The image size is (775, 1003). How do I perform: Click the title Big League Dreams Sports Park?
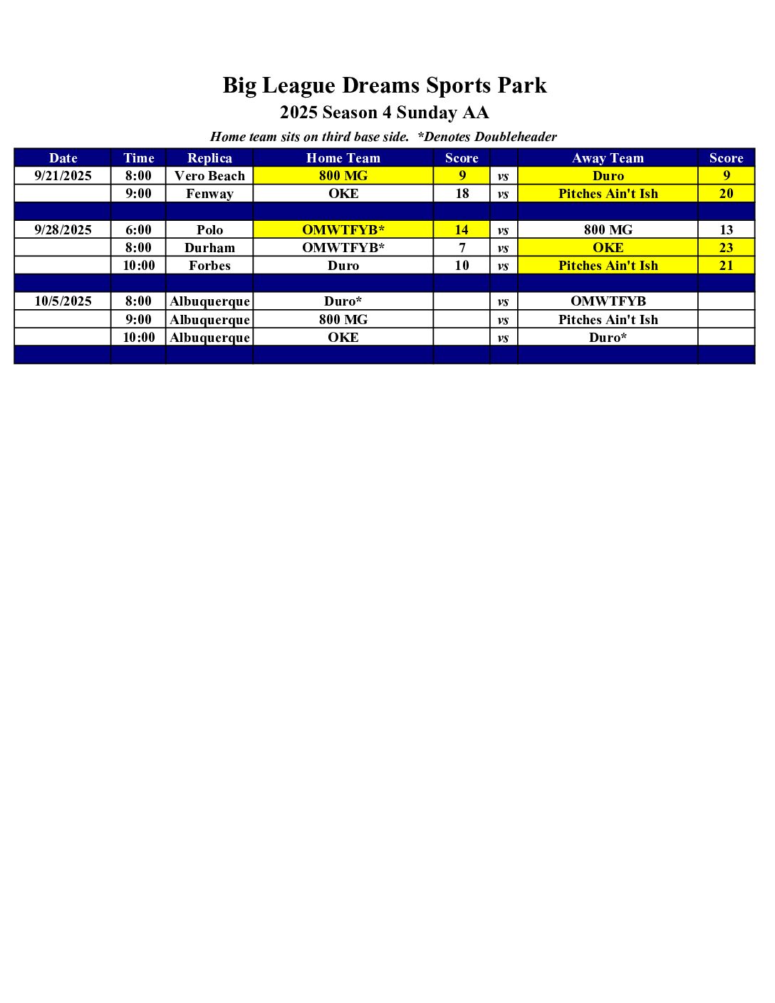point(385,85)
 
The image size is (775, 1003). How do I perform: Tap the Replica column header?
point(209,158)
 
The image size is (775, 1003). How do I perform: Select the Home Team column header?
point(343,158)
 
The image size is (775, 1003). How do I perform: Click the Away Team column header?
point(608,158)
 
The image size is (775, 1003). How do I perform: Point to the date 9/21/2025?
point(63,176)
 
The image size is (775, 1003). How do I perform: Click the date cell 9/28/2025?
point(63,229)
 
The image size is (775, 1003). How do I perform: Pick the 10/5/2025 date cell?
point(63,301)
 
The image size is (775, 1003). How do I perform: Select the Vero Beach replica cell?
point(209,176)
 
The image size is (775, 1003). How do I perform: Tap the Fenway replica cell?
point(209,194)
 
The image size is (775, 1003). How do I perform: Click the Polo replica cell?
point(209,229)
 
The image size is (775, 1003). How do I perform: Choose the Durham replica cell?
point(209,248)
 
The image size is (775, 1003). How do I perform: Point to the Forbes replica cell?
point(209,266)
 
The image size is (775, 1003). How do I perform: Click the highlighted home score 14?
point(462,229)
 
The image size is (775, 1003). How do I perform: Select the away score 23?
point(726,248)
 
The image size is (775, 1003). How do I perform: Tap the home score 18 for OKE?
point(462,194)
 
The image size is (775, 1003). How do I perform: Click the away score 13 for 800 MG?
point(726,229)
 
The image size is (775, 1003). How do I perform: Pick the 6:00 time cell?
point(138,229)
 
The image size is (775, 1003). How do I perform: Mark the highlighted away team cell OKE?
point(608,248)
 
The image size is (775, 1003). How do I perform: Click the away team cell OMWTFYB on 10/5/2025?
point(608,301)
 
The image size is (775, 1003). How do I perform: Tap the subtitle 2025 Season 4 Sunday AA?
point(385,113)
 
